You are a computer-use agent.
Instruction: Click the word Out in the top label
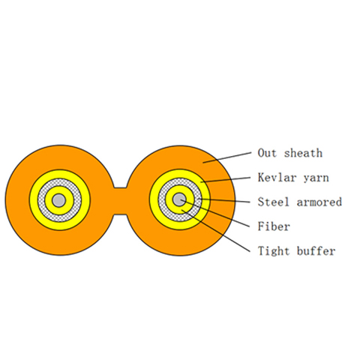[x=267, y=153]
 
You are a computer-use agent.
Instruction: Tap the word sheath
[x=303, y=153]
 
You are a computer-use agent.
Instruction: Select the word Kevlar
[x=277, y=178]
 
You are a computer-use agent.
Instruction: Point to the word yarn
[x=316, y=178]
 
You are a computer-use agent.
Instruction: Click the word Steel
[x=273, y=202]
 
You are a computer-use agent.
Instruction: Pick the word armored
[x=319, y=202]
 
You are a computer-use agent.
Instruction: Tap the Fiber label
[x=274, y=226]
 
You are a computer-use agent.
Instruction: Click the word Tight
[x=273, y=251]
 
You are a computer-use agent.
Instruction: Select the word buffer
[x=316, y=251]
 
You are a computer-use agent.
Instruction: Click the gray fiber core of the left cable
[x=59, y=200]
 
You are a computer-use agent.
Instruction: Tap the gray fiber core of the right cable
[x=179, y=199]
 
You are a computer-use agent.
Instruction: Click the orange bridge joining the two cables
[x=120, y=200]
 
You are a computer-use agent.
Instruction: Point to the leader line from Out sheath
[x=226, y=157]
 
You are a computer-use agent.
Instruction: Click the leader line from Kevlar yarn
[x=225, y=180]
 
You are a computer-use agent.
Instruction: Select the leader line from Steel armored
[x=223, y=200]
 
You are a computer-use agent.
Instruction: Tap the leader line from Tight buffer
[x=215, y=231]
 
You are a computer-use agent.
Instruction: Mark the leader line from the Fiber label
[x=214, y=213]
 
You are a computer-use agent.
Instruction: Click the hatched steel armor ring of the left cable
[x=59, y=182]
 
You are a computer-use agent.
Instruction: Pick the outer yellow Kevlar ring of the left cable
[x=59, y=174]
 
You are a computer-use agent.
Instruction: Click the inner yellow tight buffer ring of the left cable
[x=59, y=190]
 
